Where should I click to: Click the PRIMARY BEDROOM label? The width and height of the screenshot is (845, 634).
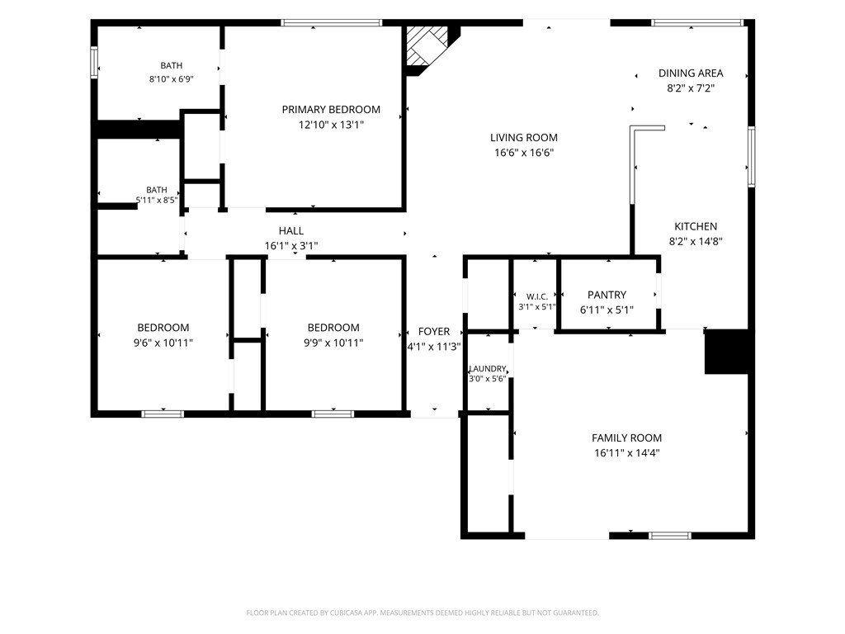(x=331, y=110)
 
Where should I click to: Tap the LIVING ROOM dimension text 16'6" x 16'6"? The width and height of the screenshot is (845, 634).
(x=524, y=153)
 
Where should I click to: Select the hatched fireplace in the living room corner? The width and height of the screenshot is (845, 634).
(x=427, y=46)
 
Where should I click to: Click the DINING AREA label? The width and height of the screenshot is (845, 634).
(x=691, y=73)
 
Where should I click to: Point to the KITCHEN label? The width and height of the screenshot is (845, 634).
(x=696, y=226)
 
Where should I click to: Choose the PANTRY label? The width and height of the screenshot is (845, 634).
(x=607, y=295)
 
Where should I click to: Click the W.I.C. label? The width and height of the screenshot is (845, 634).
(x=536, y=296)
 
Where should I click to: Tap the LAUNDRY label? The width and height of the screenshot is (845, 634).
(x=488, y=369)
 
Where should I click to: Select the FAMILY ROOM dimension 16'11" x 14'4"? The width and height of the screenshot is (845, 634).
(x=627, y=453)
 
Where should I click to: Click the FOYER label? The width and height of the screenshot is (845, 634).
(x=434, y=332)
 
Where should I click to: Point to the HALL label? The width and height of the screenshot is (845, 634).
(x=291, y=231)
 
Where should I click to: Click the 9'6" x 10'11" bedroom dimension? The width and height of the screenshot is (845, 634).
(x=163, y=343)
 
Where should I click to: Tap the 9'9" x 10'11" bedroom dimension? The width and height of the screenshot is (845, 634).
(x=333, y=343)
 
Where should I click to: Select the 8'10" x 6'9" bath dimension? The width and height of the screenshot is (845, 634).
(x=172, y=79)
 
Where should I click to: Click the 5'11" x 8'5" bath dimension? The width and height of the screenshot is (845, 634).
(x=156, y=200)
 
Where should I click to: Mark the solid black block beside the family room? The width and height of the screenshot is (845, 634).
(x=726, y=352)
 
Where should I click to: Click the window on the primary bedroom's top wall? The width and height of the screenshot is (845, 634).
(x=332, y=22)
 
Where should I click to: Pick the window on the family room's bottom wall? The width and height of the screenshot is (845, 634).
(x=670, y=535)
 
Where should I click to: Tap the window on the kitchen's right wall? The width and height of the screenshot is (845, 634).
(x=751, y=157)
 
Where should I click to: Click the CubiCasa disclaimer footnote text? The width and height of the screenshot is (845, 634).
(x=422, y=613)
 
